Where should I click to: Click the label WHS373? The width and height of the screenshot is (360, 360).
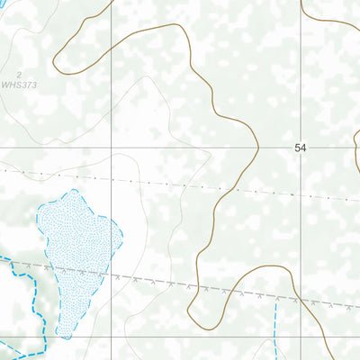(19, 85)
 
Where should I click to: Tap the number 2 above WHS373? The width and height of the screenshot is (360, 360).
(18, 75)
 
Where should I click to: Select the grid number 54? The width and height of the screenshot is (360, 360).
(301, 147)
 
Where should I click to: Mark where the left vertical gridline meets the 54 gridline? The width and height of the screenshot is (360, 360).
(112, 147)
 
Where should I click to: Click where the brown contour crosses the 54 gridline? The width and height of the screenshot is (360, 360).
(259, 147)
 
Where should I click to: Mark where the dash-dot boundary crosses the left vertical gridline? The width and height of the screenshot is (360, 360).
(112, 178)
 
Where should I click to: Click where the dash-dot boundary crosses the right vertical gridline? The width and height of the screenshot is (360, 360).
(301, 195)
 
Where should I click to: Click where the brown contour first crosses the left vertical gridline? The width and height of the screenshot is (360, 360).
(112, 38)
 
